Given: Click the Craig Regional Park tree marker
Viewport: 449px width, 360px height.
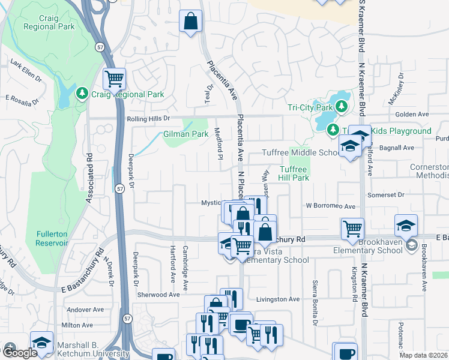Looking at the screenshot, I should tap(82, 94).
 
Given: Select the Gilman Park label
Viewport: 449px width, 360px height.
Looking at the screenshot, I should tap(181, 135).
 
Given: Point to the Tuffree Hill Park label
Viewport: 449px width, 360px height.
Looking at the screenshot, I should tap(294, 173).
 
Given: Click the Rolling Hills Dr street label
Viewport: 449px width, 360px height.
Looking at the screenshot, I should tap(149, 119).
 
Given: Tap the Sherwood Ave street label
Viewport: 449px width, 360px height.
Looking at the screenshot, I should tap(158, 295).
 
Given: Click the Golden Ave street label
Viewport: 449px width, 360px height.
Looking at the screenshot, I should tap(412, 114).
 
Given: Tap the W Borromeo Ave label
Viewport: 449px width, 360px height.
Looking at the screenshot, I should tap(331, 206).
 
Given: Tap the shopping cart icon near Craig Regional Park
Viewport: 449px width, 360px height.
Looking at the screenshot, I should tap(114, 79).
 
